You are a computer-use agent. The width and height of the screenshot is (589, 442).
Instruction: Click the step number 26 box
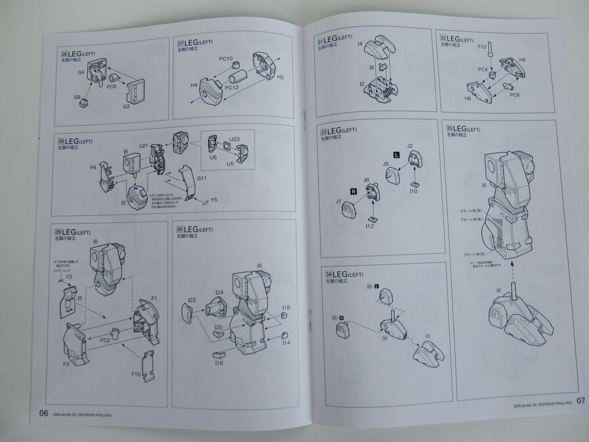coord(64,54)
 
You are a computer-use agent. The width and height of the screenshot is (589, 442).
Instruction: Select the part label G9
coord(77,97)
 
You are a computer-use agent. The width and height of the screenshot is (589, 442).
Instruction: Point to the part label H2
coord(280,77)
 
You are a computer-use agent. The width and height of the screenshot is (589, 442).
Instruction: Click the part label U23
coord(234,139)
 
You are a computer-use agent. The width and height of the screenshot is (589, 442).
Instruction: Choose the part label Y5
coord(214,199)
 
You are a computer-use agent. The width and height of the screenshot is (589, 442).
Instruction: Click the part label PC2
coord(105,340)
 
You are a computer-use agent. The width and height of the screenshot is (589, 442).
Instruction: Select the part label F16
coord(136,374)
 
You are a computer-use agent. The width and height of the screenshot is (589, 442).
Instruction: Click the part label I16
coord(219,363)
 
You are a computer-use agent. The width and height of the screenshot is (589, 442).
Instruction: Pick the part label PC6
coord(515,95)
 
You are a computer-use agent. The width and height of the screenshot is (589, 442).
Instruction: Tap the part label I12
coord(370,226)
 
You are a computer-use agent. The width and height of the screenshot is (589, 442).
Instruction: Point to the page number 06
coord(44,414)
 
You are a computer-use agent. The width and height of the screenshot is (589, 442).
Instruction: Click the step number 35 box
coord(450,128)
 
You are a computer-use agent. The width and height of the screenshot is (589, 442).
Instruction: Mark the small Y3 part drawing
coord(60,281)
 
